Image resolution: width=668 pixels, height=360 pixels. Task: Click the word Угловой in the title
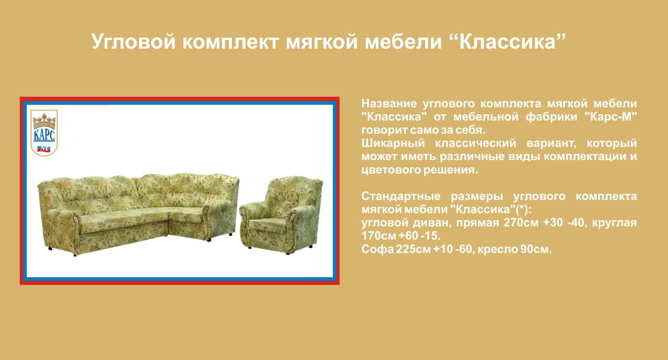tap(133, 42)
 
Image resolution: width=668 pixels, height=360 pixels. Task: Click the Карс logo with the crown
tap(44, 133)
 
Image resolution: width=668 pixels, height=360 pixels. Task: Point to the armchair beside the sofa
tap(281, 215)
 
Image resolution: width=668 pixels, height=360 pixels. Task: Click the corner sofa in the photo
tap(138, 213)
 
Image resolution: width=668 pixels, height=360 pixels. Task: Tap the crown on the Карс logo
tap(44, 121)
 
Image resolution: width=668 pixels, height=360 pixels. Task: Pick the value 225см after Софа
tap(413, 249)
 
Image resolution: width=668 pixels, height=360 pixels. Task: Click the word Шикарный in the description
tap(393, 143)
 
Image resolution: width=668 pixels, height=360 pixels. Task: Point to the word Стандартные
tap(401, 196)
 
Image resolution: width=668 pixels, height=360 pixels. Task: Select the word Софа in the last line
tap(377, 249)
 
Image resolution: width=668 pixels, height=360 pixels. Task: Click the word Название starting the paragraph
tap(389, 103)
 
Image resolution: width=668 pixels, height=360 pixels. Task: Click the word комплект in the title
tap(230, 42)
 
